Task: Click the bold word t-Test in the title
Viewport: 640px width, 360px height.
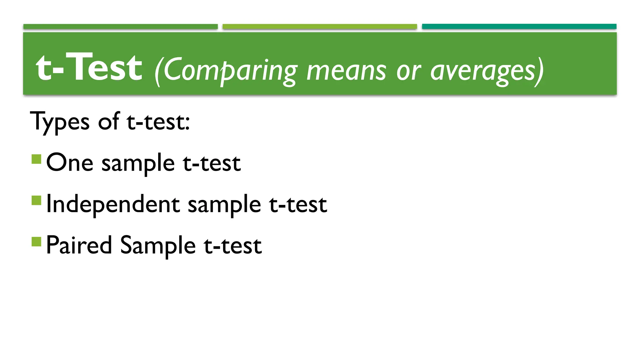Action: point(89,67)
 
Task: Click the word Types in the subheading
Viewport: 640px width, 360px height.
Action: point(60,122)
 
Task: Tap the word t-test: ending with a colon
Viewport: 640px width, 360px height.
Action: point(158,122)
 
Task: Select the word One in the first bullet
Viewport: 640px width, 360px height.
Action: point(70,163)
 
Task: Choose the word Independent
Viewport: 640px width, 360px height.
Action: point(113,204)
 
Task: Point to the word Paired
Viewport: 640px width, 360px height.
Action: point(79,245)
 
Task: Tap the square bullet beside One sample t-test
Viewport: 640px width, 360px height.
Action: point(37,159)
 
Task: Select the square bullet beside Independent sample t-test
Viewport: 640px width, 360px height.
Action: point(37,200)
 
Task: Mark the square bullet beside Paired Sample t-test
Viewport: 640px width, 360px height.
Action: point(37,242)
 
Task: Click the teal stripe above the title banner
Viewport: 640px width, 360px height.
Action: point(519,27)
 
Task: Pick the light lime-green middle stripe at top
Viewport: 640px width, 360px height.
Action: point(320,27)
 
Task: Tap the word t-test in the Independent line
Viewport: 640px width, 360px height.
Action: point(298,204)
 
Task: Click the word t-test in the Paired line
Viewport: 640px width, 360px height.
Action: point(232,246)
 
